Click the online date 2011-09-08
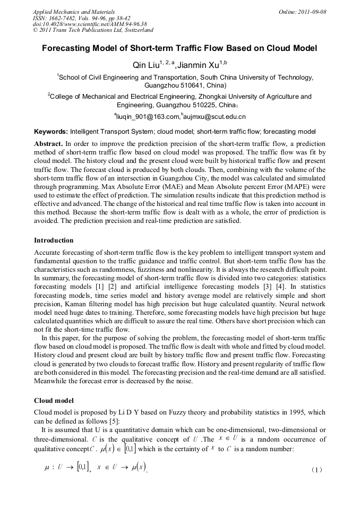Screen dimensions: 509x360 (312, 11)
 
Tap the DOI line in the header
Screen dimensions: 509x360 (90, 24)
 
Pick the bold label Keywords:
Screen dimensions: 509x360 (51, 131)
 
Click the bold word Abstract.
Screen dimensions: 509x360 (48, 144)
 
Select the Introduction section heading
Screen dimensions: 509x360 (54, 240)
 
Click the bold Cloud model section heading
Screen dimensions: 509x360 (53, 400)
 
